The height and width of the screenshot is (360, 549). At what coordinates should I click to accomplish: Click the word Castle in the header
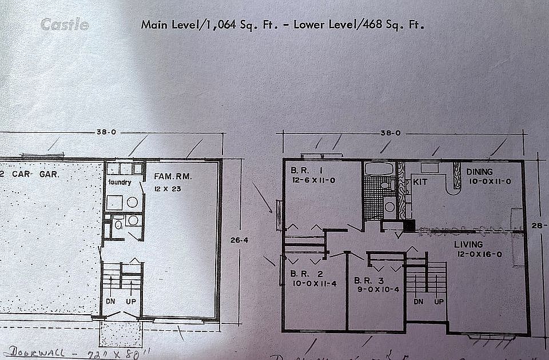[65, 25]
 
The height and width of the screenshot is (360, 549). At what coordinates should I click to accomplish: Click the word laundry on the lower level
[120, 183]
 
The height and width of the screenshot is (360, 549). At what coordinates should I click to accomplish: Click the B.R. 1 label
[303, 171]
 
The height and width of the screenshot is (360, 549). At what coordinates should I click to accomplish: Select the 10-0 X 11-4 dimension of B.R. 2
[309, 282]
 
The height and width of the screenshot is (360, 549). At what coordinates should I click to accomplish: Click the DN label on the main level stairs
[419, 302]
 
